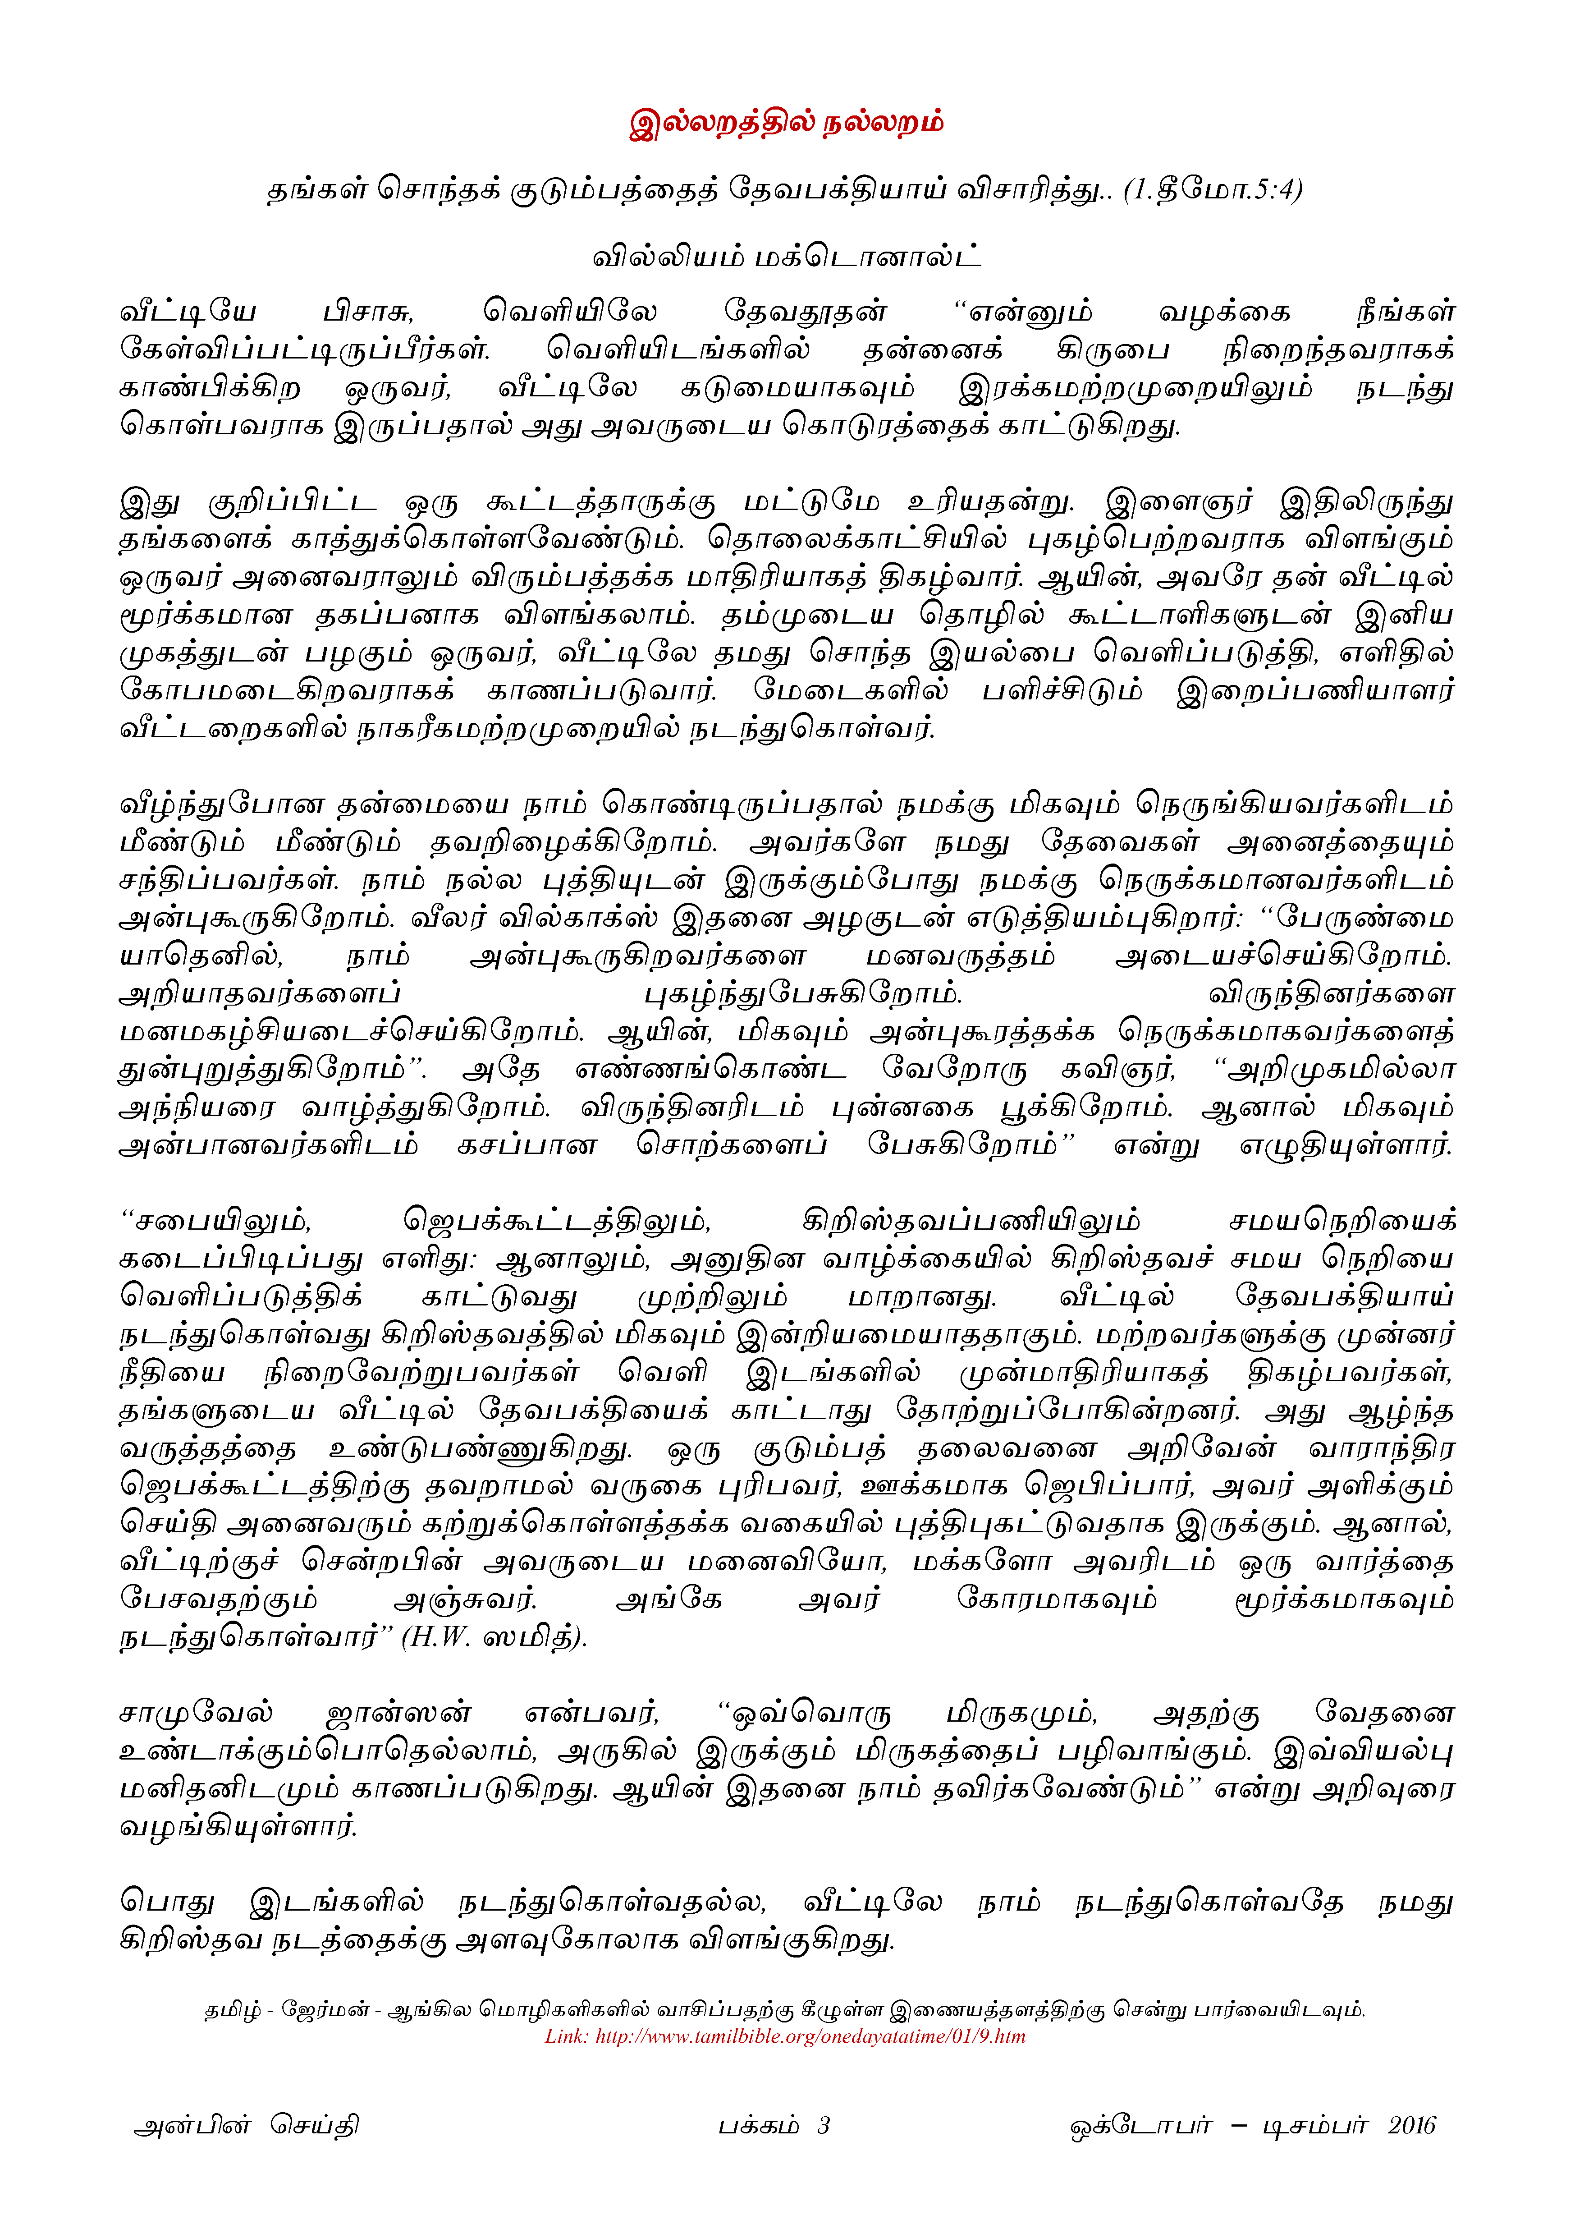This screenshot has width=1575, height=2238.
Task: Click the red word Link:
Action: click(x=566, y=2036)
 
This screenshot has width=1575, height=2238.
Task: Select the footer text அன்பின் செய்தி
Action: click(x=247, y=2125)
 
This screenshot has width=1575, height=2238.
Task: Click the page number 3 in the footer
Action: click(x=824, y=2125)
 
